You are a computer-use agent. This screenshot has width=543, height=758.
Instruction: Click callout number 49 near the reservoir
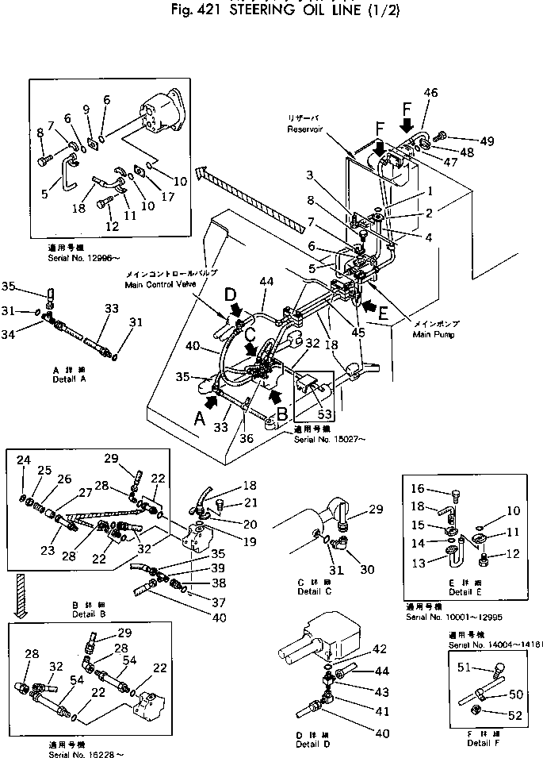pos(487,141)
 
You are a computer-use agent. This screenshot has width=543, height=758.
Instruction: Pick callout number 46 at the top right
pos(430,94)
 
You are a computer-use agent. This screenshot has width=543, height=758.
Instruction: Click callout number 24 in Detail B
pos(23,460)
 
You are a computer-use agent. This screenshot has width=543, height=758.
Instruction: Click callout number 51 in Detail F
pos(465,668)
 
